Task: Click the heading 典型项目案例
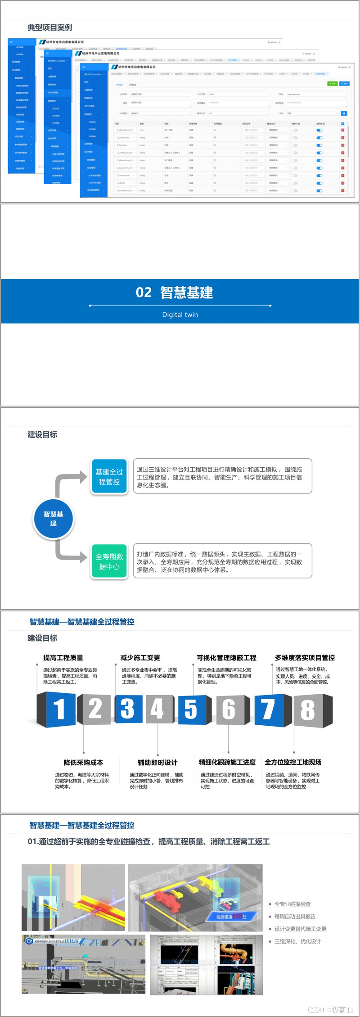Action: tap(49, 27)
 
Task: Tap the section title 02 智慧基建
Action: tap(174, 293)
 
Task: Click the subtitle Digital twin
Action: tap(180, 315)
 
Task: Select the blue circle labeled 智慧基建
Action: tap(54, 519)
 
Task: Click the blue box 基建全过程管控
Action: tap(109, 477)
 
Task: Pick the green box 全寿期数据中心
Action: tap(109, 561)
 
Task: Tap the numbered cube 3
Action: tap(128, 709)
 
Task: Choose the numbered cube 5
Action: tap(191, 709)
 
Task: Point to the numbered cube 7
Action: tap(268, 710)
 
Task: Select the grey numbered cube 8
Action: tap(308, 710)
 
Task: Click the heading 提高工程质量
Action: tap(63, 658)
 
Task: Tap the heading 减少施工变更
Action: tap(140, 658)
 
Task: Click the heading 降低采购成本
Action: tap(83, 763)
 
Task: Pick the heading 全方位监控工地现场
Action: tap(293, 762)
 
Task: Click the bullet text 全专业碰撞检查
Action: tap(292, 904)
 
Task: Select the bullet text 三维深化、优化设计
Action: tap(298, 941)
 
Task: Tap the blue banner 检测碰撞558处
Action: tap(231, 916)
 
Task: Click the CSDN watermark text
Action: tap(331, 1010)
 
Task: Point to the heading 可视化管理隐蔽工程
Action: tap(226, 658)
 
